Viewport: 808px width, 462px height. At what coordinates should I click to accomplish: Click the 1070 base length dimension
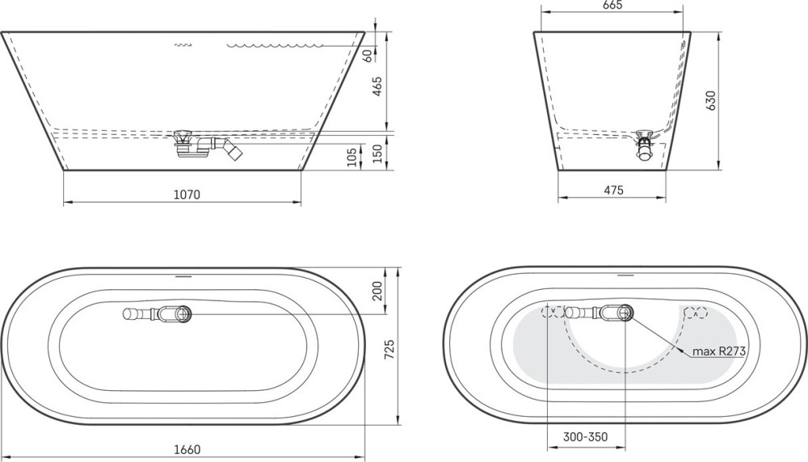tap(187, 195)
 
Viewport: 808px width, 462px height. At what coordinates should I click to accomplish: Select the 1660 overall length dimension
tap(187, 450)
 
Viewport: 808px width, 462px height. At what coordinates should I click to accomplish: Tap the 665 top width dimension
tap(612, 5)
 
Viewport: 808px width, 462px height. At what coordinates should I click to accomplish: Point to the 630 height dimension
tap(711, 101)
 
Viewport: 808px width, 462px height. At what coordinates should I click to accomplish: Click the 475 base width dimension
tap(613, 190)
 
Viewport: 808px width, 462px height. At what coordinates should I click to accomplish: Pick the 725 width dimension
tap(390, 350)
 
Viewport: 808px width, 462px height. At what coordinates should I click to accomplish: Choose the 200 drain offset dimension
tap(377, 291)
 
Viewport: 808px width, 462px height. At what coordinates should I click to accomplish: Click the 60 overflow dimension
tap(368, 55)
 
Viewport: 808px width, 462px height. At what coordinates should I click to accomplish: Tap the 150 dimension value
tap(377, 153)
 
